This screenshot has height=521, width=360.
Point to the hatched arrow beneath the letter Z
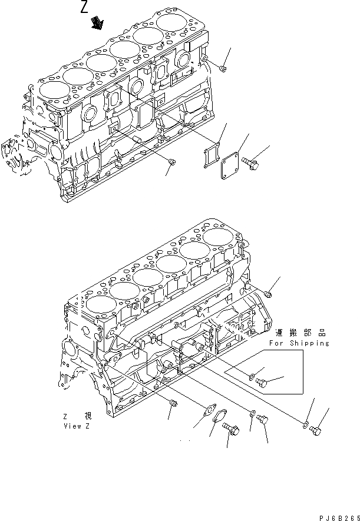coord(97,23)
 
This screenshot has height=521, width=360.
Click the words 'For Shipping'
coord(299,343)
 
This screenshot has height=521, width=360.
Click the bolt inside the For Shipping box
coord(263,383)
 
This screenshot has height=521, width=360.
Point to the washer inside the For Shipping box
coord(252,375)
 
